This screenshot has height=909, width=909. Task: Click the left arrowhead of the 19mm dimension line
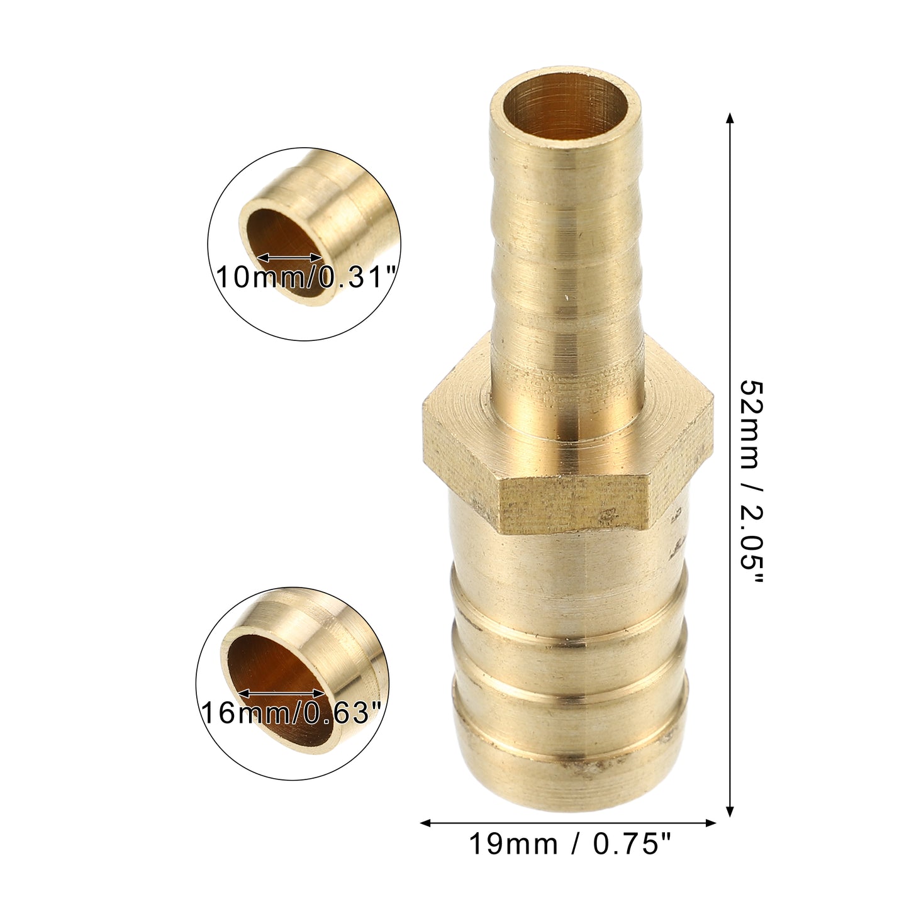click(425, 823)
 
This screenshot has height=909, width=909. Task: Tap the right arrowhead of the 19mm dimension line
click(710, 823)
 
